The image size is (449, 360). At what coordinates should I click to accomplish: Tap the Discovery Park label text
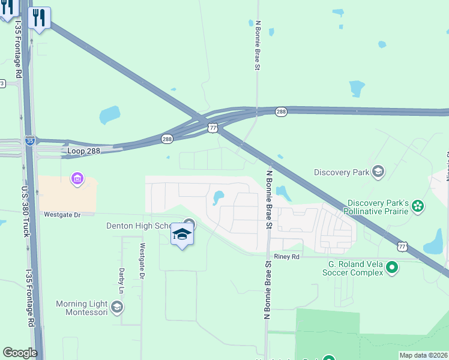click(341, 172)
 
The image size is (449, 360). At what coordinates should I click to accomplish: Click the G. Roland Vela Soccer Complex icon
click(393, 267)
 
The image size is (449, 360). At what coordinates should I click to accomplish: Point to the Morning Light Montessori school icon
click(117, 308)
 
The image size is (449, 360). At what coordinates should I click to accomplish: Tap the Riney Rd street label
click(286, 257)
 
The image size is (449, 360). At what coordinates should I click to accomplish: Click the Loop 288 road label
click(85, 151)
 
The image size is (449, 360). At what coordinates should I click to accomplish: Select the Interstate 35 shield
click(30, 140)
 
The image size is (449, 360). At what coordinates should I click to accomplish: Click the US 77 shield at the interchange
click(213, 127)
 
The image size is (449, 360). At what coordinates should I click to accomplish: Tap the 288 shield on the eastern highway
click(282, 112)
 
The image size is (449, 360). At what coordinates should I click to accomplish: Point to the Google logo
click(20, 353)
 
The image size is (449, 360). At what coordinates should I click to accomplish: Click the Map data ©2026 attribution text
click(423, 355)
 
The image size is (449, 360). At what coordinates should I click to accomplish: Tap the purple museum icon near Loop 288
click(77, 178)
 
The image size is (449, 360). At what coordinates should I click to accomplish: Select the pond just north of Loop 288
click(110, 114)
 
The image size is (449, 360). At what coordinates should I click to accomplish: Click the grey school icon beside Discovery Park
click(378, 172)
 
